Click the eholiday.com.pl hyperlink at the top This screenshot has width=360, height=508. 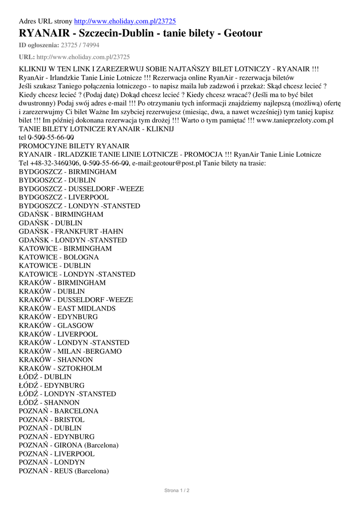[x=125, y=21]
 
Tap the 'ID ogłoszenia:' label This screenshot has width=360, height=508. [x=39, y=45]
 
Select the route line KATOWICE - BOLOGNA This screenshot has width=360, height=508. [x=59, y=257]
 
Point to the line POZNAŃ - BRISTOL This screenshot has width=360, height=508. [x=52, y=419]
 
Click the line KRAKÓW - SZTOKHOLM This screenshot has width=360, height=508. [x=61, y=368]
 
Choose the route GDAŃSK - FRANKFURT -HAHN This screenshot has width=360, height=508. [x=71, y=231]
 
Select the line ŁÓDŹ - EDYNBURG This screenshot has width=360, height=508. [x=52, y=385]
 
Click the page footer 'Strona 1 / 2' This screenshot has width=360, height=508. [x=177, y=490]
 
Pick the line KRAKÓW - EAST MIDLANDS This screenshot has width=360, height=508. [x=67, y=308]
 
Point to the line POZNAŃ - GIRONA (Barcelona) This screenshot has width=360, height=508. [x=69, y=445]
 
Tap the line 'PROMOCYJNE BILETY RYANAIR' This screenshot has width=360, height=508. [x=74, y=146]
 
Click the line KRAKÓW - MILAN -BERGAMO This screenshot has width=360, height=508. [x=70, y=351]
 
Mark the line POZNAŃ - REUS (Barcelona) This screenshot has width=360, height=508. [x=64, y=471]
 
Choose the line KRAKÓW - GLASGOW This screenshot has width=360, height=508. [x=56, y=325]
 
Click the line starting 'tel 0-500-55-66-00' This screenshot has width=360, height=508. [x=46, y=137]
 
